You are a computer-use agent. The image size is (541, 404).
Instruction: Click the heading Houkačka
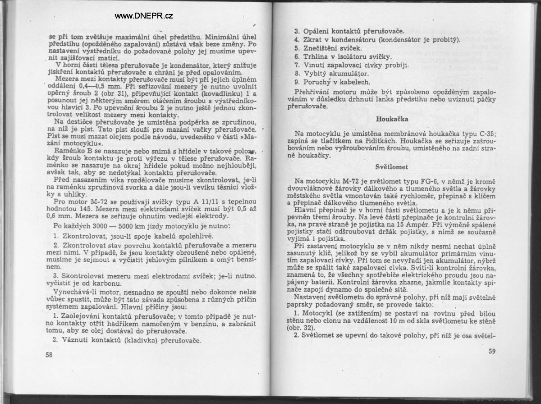tap(392, 119)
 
